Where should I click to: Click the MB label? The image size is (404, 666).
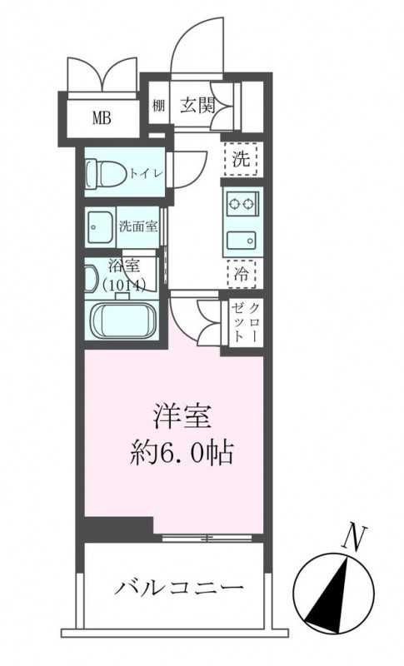pyautogui.click(x=101, y=117)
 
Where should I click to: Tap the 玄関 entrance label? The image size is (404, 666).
pyautogui.click(x=197, y=104)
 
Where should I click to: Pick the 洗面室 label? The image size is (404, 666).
pyautogui.click(x=137, y=226)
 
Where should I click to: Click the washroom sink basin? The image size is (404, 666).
pyautogui.click(x=100, y=226)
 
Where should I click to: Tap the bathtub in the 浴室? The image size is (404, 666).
pyautogui.click(x=123, y=321)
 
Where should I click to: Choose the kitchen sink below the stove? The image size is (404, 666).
pyautogui.click(x=242, y=240)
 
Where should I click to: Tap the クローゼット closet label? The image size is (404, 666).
pyautogui.click(x=247, y=320)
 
